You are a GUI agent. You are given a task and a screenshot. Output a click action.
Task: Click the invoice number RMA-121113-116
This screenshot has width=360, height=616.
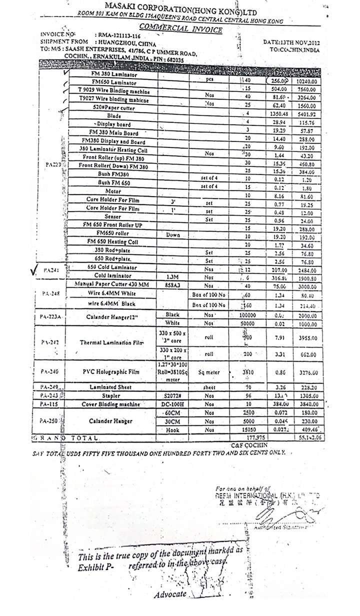119,36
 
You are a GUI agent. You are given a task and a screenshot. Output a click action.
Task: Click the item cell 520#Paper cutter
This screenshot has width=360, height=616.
113,107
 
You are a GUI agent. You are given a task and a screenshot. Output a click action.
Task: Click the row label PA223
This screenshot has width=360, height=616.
53,164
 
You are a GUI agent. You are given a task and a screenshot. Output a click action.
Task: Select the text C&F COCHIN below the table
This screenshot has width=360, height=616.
249,444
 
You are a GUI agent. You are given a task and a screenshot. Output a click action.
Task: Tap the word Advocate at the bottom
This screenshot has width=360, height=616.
170,594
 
